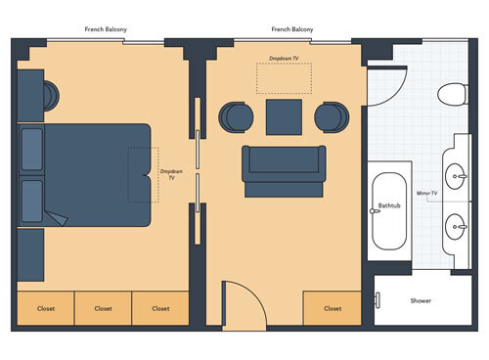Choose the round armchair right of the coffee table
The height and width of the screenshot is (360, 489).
(331, 116)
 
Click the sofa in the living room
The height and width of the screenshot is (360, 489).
(285, 168)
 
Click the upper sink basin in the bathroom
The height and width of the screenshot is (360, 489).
(457, 176)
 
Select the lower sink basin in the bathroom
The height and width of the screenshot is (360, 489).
(457, 228)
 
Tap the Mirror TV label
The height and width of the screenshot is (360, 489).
(426, 194)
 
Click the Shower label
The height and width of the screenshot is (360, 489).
(421, 300)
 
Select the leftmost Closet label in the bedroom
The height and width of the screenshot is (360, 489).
(46, 308)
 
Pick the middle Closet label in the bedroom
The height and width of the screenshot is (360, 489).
(104, 308)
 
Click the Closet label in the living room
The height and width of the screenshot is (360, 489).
(333, 308)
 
